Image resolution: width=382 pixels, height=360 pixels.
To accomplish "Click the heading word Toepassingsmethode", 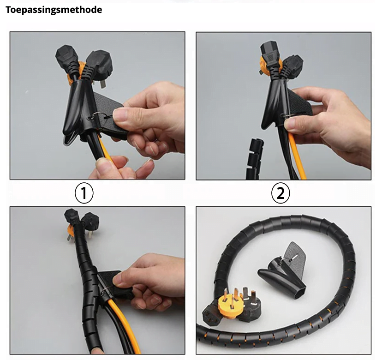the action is coord(54,10).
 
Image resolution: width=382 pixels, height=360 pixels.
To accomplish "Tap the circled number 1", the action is coord(84,193).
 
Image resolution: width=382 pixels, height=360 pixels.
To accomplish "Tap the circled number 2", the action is coord(281,193).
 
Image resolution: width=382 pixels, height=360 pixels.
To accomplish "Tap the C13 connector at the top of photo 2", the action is coord(269,55).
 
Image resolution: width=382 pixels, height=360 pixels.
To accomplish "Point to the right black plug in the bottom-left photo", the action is coord(90,222).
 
